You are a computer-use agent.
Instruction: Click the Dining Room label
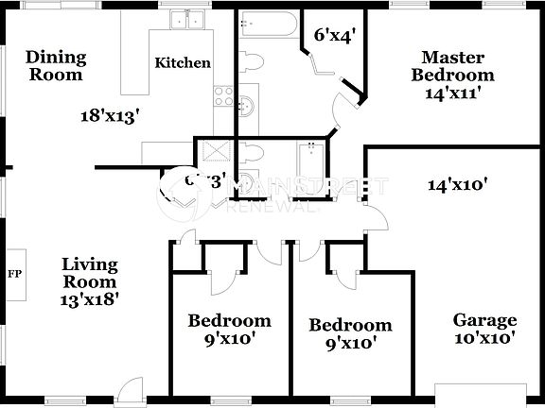(x=56, y=66)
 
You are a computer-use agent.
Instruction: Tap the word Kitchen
(x=183, y=63)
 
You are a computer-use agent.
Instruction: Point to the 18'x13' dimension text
(x=109, y=116)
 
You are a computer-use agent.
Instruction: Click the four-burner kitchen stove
(x=224, y=95)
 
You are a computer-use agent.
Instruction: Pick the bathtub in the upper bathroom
(x=268, y=25)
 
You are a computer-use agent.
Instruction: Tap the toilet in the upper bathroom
(x=250, y=62)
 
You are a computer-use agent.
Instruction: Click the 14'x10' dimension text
(x=457, y=186)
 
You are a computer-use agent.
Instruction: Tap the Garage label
(x=483, y=320)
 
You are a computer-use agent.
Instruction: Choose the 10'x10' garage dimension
(x=483, y=338)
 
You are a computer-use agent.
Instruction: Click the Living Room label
(x=90, y=272)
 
